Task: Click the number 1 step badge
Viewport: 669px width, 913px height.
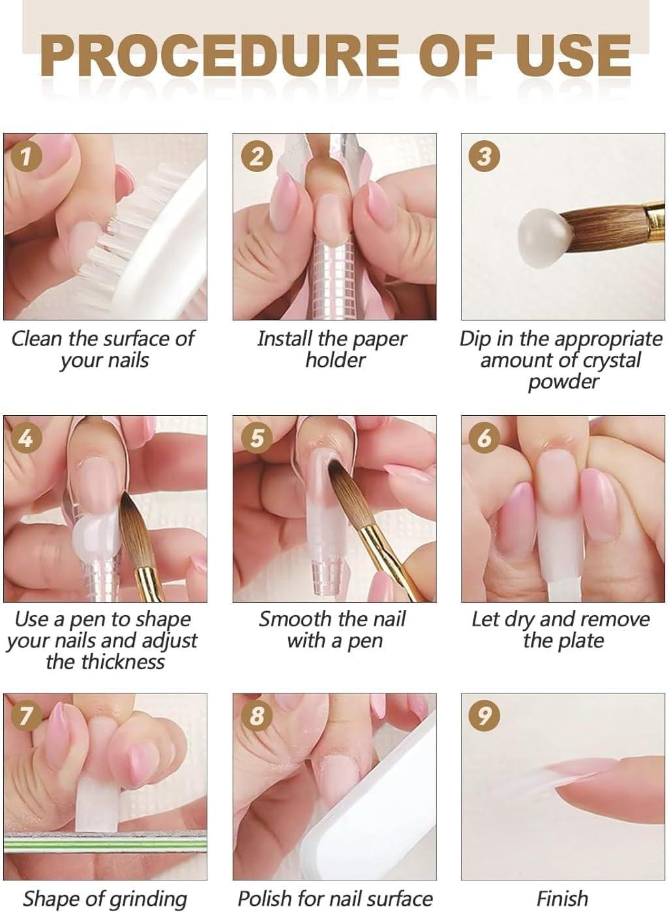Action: pos(26,156)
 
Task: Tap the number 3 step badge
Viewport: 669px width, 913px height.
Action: pos(484,156)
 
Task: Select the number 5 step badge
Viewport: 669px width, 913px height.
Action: pos(257,439)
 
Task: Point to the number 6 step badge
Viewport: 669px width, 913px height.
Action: pos(484,439)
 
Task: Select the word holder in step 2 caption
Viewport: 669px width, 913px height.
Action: pos(336,360)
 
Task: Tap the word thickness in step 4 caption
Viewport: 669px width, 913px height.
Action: pos(105,662)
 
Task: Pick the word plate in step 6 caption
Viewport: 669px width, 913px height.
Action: pos(580,641)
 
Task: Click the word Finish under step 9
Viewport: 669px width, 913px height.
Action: pos(562,899)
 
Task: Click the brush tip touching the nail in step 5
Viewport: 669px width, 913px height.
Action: pos(333,467)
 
